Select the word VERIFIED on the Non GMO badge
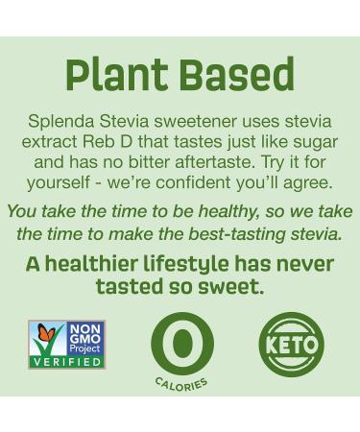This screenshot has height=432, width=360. coord(67,362)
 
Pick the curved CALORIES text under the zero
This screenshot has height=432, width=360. coord(181,383)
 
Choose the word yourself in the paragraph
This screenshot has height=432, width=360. coord(68,182)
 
